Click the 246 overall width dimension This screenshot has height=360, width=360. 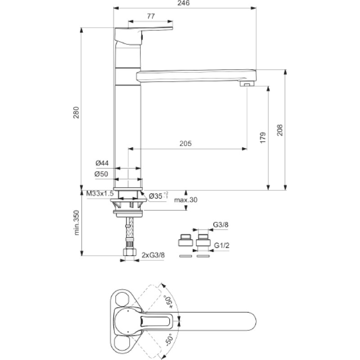pos(184,3)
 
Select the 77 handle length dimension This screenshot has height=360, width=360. pos(151,16)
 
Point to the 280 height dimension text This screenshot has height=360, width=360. pos(76,112)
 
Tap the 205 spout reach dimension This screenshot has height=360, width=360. pos(185,144)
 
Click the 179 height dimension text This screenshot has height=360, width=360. pos(263,138)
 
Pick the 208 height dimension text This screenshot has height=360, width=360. pos(279,130)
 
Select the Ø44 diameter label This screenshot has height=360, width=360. pos(102,163)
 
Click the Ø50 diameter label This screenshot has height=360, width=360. pos(101,174)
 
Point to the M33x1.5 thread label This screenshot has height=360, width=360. pos(100,193)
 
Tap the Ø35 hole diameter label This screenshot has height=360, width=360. pos(158,196)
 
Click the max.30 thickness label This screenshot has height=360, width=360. pos(186,200)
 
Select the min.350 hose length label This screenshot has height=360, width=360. pos(76,222)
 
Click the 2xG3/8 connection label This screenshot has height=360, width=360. pos(153,255)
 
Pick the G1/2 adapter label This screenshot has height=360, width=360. pos(221,246)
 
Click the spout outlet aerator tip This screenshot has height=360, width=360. pos(247,84)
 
